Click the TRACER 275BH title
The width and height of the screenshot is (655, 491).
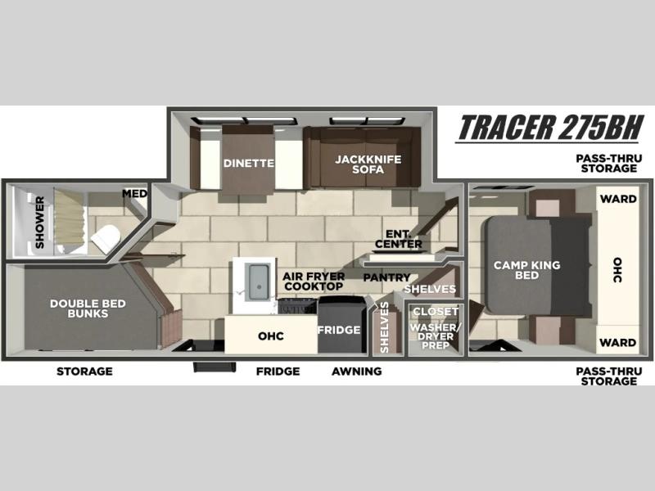point(550,128)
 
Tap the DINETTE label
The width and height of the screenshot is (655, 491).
point(249,163)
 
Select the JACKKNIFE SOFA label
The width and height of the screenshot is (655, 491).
point(368,164)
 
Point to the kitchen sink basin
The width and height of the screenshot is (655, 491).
point(259,282)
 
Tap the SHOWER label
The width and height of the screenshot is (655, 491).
point(39,223)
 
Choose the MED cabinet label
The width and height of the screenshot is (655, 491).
point(134,194)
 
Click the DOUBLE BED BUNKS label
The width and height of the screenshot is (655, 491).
point(88,309)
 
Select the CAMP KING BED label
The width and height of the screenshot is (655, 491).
point(526,270)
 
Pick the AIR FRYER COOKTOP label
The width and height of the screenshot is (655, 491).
point(314,282)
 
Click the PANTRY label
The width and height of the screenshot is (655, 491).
point(386,277)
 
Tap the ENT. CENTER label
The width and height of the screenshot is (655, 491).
point(399,239)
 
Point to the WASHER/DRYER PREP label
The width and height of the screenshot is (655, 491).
point(436,336)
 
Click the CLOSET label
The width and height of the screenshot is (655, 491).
point(436,312)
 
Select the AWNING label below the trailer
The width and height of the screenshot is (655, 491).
point(357,372)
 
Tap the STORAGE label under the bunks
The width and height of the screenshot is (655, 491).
point(84,372)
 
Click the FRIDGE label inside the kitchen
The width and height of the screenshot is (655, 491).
point(339,330)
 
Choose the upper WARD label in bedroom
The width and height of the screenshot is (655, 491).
point(618,199)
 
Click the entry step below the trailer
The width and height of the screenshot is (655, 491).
point(215,367)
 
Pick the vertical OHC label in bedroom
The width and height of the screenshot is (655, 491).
point(618,270)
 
